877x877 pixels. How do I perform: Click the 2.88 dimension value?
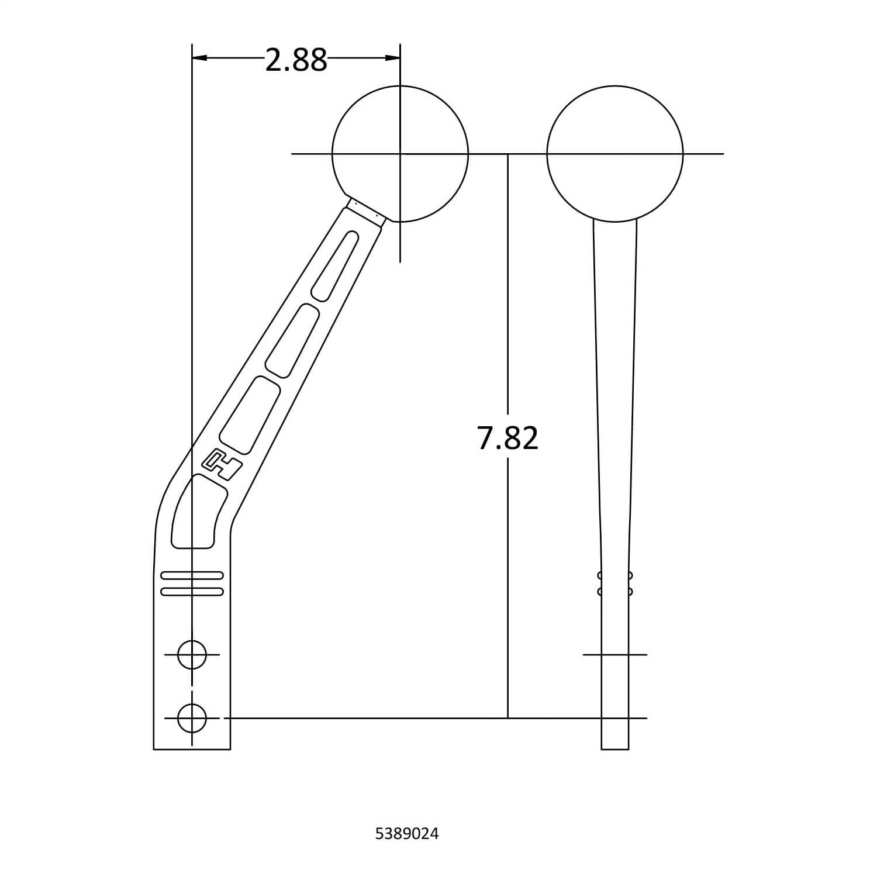pos(296,60)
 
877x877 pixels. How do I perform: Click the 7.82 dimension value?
pos(507,438)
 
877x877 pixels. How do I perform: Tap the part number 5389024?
pos(407,833)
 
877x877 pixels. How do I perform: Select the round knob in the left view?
pos(400,154)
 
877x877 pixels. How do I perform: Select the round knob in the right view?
pos(615,154)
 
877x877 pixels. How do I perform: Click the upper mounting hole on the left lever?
pos(192,655)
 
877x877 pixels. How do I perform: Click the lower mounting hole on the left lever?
pos(192,718)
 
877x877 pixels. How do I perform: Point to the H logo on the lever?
pos(222,464)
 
